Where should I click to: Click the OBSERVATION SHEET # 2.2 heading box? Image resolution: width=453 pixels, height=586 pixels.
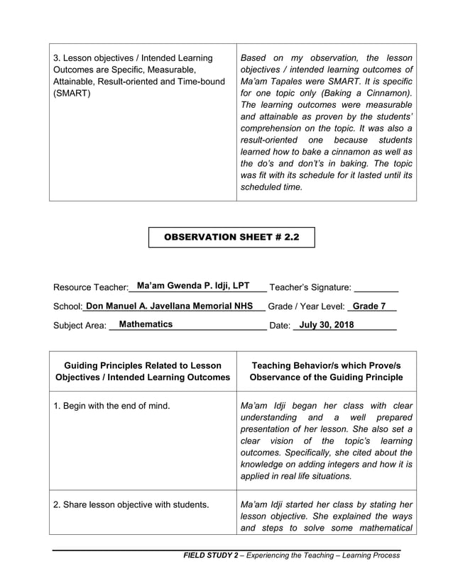click(231, 238)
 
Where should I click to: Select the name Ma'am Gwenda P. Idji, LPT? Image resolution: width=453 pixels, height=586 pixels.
click(193, 285)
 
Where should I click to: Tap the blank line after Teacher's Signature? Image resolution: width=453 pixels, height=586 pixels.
click(376, 289)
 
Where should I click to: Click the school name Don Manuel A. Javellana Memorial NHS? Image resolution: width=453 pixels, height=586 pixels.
click(169, 306)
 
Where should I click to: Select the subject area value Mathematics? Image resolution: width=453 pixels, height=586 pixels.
click(146, 324)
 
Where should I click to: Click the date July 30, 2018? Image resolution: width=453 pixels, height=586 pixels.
click(327, 324)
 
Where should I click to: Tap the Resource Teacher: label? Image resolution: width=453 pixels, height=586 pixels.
click(90, 287)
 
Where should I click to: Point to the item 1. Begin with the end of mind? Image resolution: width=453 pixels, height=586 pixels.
click(111, 406)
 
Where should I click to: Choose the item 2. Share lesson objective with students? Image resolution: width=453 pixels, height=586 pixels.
click(131, 504)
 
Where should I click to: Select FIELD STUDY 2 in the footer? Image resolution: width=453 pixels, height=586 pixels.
click(209, 555)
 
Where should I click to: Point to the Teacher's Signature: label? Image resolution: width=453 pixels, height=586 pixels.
click(310, 287)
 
